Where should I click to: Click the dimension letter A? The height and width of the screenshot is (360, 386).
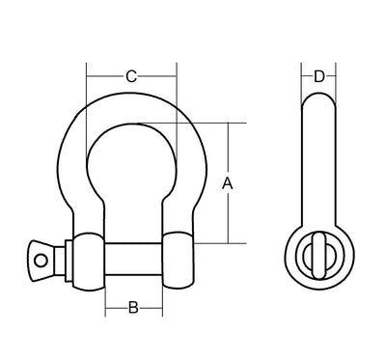(x=227, y=182)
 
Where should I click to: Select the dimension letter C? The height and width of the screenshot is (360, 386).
(x=131, y=75)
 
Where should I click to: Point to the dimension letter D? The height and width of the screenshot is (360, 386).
(x=317, y=75)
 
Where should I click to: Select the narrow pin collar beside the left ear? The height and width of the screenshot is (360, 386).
(x=65, y=257)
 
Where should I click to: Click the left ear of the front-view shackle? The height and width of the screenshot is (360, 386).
(x=85, y=258)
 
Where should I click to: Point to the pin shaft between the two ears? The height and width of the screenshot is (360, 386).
(x=132, y=258)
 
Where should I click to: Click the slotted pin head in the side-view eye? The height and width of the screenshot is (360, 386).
(x=317, y=257)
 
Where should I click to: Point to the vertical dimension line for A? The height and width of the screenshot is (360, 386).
(x=229, y=212)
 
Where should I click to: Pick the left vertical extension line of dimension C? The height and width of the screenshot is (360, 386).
(x=86, y=82)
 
